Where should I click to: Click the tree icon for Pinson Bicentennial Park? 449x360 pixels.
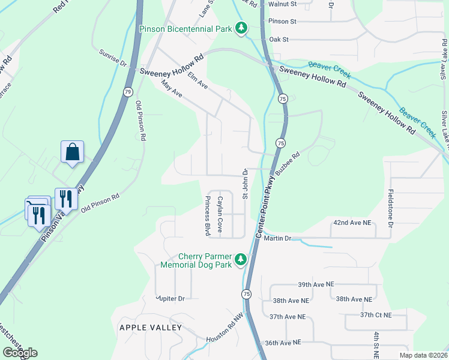tap(241, 28)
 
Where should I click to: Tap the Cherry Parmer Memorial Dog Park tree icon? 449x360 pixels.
tap(241, 259)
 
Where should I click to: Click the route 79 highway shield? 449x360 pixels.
tap(128, 92)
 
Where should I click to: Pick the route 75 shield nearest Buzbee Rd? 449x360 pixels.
tap(280, 142)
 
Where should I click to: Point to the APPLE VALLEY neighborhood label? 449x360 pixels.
tap(150, 328)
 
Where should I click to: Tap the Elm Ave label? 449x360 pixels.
tap(197, 82)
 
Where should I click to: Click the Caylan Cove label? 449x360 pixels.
tap(220, 214)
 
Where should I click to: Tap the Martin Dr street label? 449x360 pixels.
tap(279, 239)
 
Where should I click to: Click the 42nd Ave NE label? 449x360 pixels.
tap(352, 223)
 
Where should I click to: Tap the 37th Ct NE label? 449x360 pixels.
tap(375, 315)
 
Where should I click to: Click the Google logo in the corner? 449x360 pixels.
tap(20, 353)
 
